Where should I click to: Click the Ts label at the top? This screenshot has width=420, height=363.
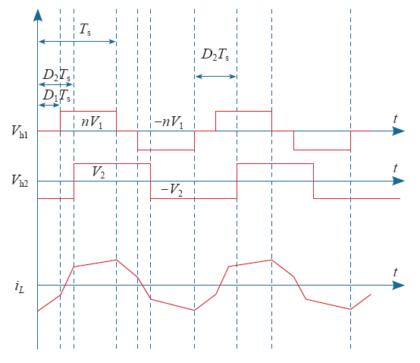point(85,30)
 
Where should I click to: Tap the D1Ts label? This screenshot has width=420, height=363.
point(57,96)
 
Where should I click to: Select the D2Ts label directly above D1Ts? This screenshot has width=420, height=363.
point(57,75)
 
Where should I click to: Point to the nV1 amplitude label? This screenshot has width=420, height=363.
point(92,122)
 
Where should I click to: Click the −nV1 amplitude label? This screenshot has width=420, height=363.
point(169,122)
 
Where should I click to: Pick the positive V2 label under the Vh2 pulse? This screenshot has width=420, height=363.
point(99,172)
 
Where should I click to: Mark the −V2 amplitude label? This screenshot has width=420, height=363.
point(171,190)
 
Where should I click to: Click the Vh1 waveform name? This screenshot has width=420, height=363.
point(20,131)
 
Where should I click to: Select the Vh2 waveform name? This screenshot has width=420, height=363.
point(20,181)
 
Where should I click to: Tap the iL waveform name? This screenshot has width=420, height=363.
point(20,286)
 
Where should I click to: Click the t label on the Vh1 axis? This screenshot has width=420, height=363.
point(395,118)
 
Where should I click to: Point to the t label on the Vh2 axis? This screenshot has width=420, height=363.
point(395,169)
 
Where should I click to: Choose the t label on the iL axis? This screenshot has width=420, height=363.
point(395,272)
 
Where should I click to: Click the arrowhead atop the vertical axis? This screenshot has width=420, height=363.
point(38,14)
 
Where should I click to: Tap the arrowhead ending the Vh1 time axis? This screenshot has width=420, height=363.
point(398,131)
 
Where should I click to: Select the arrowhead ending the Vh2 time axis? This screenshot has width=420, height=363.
point(398,181)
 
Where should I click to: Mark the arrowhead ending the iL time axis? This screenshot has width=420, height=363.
point(398,286)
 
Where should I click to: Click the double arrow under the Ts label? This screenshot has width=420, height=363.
point(77,42)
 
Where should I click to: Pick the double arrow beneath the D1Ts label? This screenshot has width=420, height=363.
point(49,105)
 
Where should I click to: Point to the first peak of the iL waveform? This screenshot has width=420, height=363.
point(117,260)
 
